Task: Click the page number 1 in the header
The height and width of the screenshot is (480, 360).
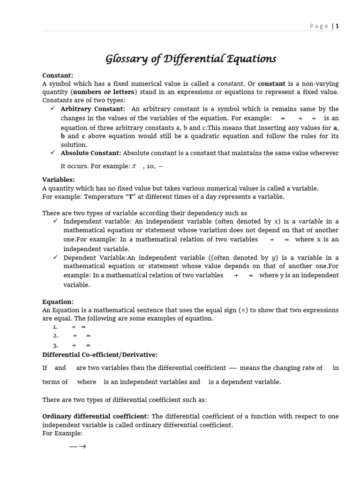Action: (x=337, y=26)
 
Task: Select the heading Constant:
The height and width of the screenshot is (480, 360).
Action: (x=58, y=75)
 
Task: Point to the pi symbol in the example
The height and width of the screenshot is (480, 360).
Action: (x=133, y=166)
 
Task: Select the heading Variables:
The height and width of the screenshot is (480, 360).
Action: (x=59, y=180)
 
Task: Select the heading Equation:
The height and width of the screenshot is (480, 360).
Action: (x=58, y=302)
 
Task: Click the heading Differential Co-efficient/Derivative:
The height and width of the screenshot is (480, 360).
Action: (x=100, y=354)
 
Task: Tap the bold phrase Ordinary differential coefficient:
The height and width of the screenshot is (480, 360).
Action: (x=96, y=416)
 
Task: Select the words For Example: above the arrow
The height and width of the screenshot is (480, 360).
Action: (x=62, y=434)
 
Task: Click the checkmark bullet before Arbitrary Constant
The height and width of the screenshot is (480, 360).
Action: (x=52, y=109)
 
